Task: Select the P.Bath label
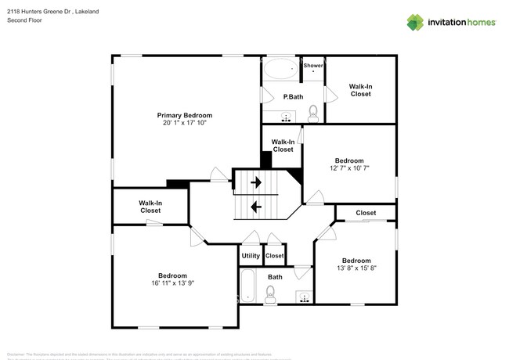[293, 96]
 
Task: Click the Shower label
[313, 66]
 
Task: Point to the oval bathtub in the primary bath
[280, 70]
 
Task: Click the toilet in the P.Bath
[313, 113]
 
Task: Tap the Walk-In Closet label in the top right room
[360, 90]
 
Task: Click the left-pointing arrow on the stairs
[256, 207]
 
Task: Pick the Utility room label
[251, 256]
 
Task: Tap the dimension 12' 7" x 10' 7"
[349, 167]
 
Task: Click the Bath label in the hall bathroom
[275, 277]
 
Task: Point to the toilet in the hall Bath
[271, 295]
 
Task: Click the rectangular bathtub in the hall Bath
[248, 287]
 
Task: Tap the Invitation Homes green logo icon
[414, 23]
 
